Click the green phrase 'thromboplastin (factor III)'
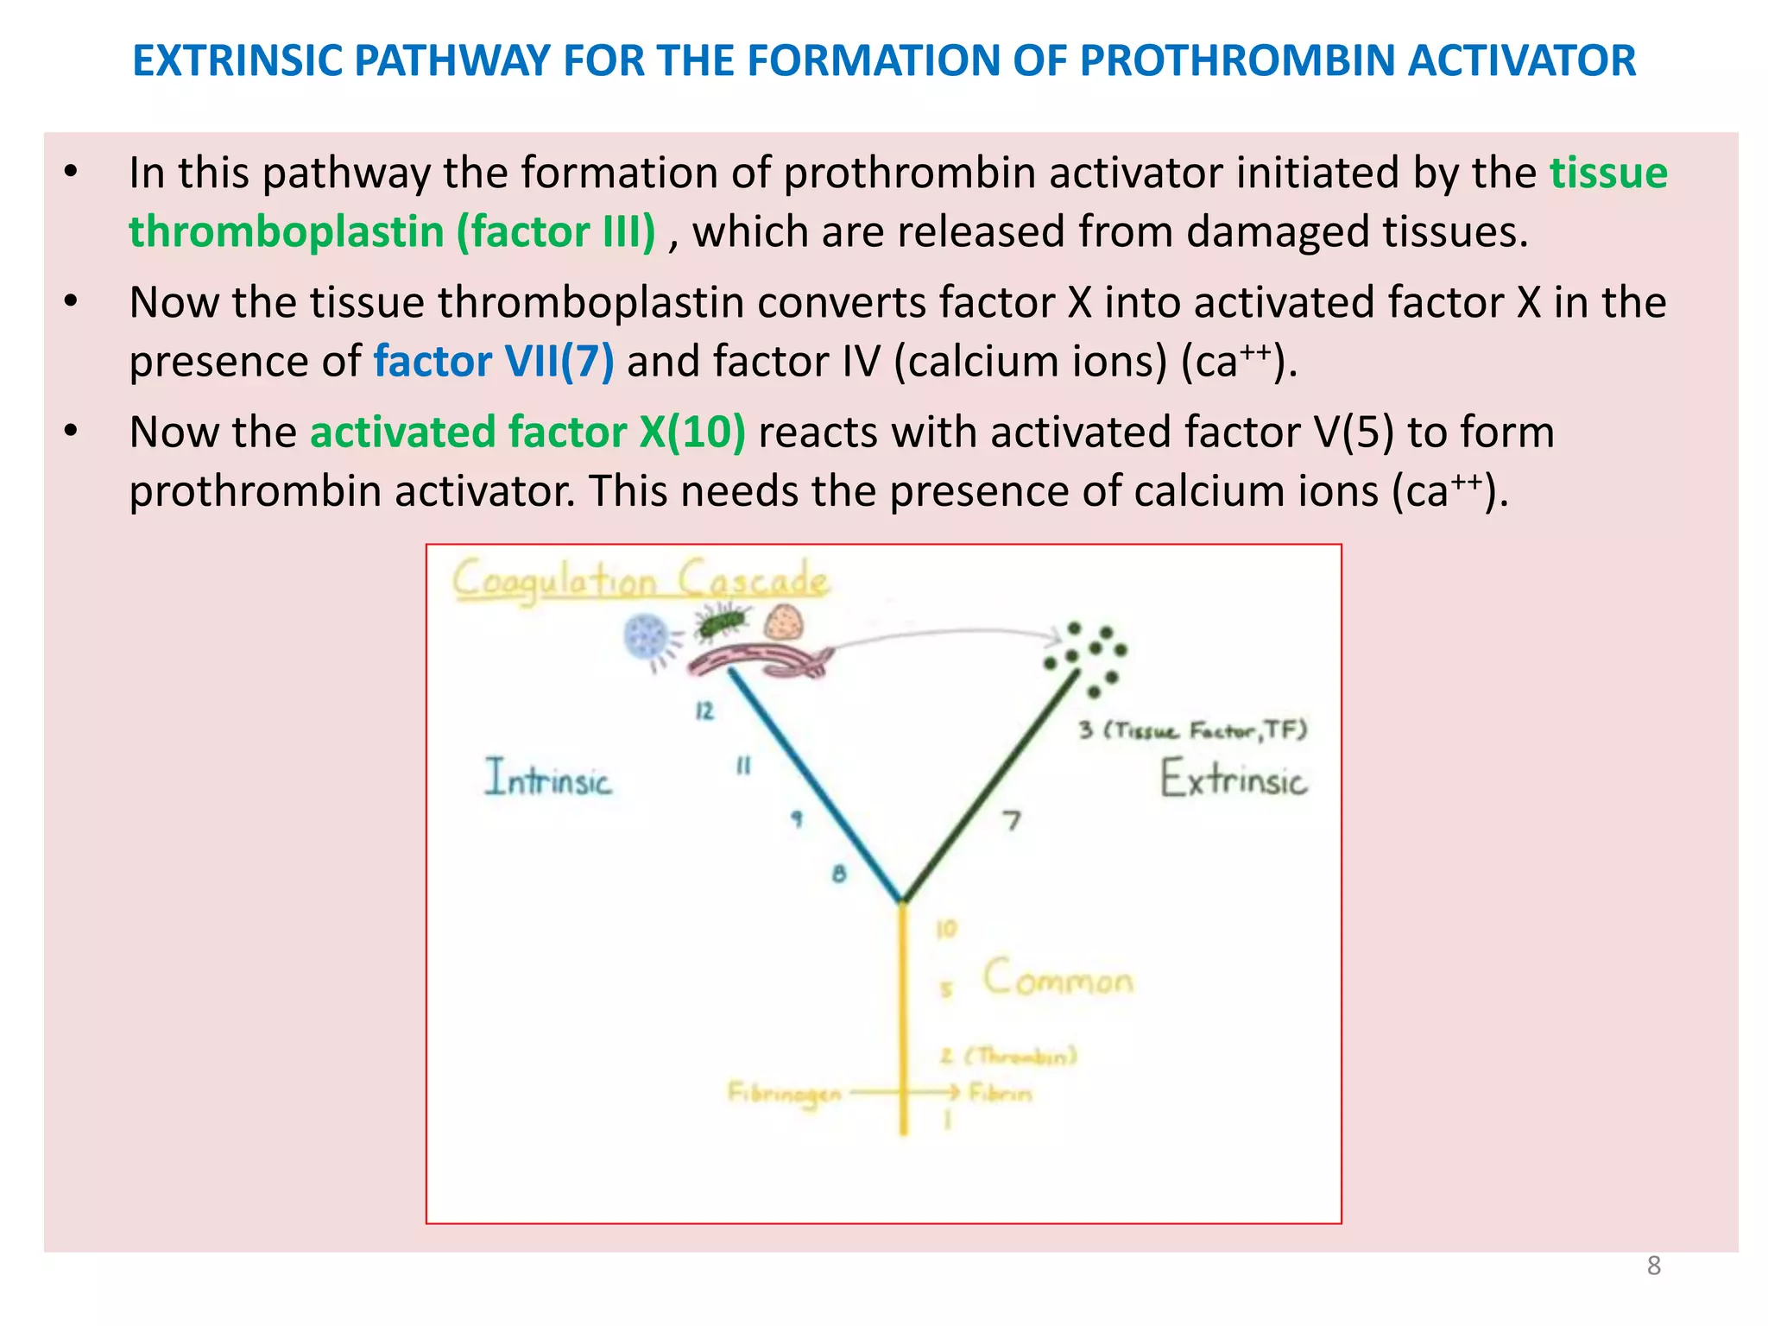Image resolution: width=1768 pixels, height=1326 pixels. pyautogui.click(x=392, y=231)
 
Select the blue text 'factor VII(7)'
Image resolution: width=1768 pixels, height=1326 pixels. pyautogui.click(x=493, y=361)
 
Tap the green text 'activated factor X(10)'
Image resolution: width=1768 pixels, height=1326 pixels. pyautogui.click(x=527, y=432)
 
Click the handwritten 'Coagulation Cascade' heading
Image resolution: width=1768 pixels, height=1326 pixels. pyautogui.click(x=640, y=579)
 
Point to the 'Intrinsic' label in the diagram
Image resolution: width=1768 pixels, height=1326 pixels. pyautogui.click(x=547, y=778)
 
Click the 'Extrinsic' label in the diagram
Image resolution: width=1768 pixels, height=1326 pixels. pyautogui.click(x=1232, y=779)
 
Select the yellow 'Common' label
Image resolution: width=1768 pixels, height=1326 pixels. pyautogui.click(x=1058, y=979)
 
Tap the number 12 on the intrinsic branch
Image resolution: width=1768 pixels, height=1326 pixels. pyautogui.click(x=704, y=710)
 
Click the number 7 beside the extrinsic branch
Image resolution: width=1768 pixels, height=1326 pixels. pyautogui.click(x=1011, y=819)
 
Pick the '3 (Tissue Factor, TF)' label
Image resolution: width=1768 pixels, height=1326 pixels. pyautogui.click(x=1192, y=730)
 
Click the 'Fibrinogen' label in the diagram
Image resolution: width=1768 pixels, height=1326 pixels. pyautogui.click(x=784, y=1095)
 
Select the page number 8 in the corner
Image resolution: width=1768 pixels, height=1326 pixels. pyautogui.click(x=1653, y=1266)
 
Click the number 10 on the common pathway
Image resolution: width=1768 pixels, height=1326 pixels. pyautogui.click(x=946, y=929)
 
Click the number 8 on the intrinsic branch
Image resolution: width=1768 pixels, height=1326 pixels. pyautogui.click(x=839, y=874)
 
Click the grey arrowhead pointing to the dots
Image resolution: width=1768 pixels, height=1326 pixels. pyautogui.click(x=1054, y=637)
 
